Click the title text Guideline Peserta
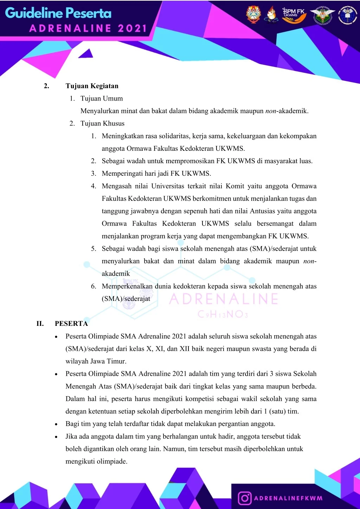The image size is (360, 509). coord(58,13)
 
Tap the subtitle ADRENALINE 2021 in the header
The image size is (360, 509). coord(88,28)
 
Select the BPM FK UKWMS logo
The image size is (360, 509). coord(294,15)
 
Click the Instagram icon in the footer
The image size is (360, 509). coord(245,498)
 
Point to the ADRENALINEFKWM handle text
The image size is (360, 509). coord(288,498)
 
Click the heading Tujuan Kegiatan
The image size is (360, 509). coord(92,86)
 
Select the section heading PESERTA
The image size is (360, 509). coord(71,323)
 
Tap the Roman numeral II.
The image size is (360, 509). coord(40,323)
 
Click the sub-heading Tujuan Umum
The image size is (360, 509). coord(102,98)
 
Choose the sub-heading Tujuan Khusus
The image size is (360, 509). coord(102,123)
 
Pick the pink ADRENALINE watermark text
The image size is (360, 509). coord(224,299)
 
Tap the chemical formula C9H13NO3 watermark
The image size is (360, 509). coord(223,314)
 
